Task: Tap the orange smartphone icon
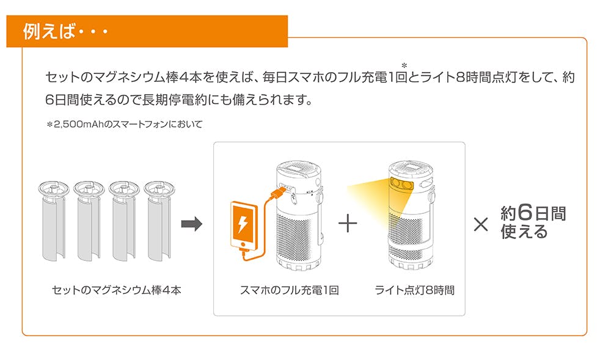[243, 226]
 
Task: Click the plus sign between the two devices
[347, 224]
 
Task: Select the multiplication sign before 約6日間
[481, 225]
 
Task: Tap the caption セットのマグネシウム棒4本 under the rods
[117, 290]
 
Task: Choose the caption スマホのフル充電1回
[290, 290]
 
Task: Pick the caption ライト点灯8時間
[414, 290]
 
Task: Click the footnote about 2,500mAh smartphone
[124, 124]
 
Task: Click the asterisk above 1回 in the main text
[404, 64]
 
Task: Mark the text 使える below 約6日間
[524, 232]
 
